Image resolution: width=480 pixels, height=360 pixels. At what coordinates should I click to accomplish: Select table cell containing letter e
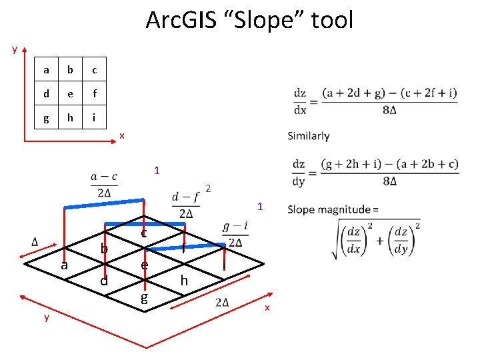(70, 94)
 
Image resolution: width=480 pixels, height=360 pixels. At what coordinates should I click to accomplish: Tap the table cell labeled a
(46, 70)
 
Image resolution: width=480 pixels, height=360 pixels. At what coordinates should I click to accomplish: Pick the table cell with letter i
(95, 118)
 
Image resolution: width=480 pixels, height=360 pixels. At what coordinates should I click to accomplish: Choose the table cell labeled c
(95, 70)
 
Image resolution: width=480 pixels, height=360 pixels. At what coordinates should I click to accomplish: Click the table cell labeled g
(46, 118)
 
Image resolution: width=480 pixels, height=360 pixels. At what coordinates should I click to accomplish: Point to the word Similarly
(309, 136)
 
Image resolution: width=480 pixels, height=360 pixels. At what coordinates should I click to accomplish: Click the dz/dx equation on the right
(375, 101)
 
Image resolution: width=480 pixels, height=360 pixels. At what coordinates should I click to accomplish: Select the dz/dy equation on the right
(375, 172)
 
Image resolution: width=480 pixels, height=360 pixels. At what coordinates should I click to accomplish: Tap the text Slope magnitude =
(333, 209)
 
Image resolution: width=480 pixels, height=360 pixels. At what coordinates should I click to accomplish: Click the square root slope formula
(378, 237)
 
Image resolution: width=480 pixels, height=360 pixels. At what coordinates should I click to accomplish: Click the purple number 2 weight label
(208, 189)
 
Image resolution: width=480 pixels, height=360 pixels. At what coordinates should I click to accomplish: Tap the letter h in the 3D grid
(184, 281)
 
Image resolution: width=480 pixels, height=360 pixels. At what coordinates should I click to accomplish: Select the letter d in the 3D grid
(103, 281)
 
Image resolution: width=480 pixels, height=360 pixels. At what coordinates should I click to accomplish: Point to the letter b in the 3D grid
(104, 248)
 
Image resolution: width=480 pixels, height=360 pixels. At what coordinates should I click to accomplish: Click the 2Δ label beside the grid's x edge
(223, 302)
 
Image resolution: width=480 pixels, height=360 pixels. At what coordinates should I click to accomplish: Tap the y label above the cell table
(15, 49)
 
